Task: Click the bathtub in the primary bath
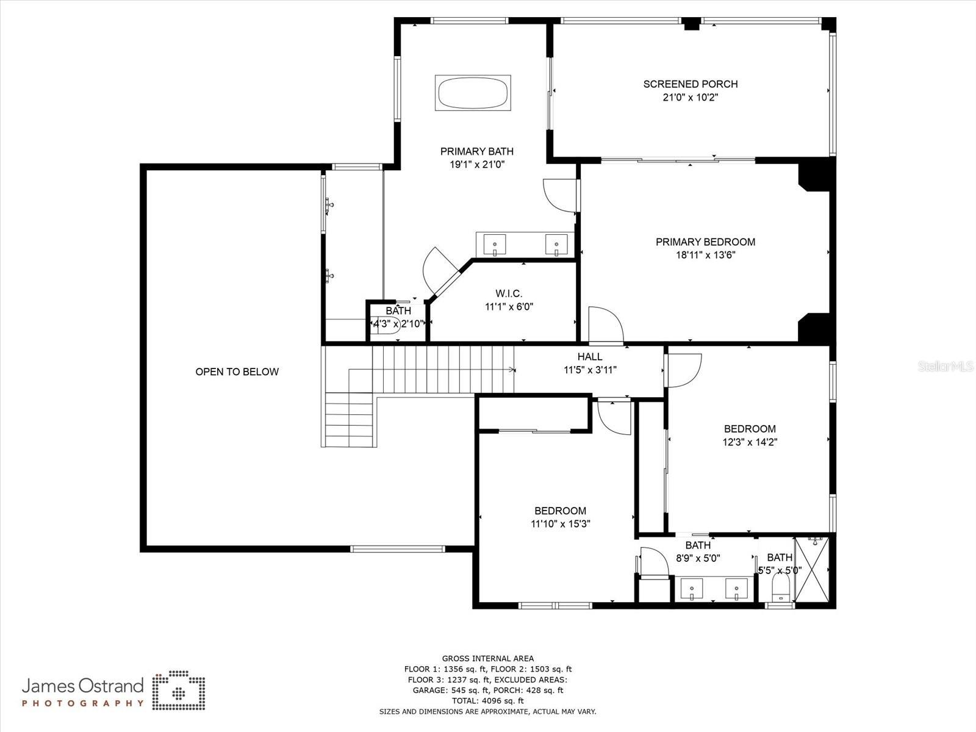pyautogui.click(x=473, y=93)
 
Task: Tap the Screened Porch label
pyautogui.click(x=690, y=84)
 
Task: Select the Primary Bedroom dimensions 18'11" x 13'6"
pyautogui.click(x=705, y=255)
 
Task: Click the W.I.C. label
pyautogui.click(x=509, y=294)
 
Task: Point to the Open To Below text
pyautogui.click(x=237, y=371)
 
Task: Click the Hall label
pyautogui.click(x=590, y=357)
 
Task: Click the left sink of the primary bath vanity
pyautogui.click(x=495, y=245)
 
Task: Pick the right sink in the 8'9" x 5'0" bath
pyautogui.click(x=736, y=590)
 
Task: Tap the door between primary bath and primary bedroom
pyautogui.click(x=559, y=195)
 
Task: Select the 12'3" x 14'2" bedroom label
pyautogui.click(x=750, y=429)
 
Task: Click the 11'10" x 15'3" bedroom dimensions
pyautogui.click(x=561, y=523)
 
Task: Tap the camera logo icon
pyautogui.click(x=179, y=691)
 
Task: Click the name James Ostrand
pyautogui.click(x=83, y=686)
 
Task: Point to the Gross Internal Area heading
pyautogui.click(x=487, y=658)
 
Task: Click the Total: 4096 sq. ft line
pyautogui.click(x=487, y=701)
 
